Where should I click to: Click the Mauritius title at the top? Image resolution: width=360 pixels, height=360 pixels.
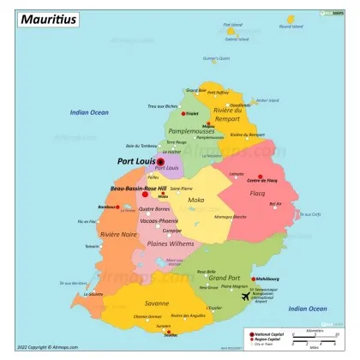pyautogui.click(x=51, y=18)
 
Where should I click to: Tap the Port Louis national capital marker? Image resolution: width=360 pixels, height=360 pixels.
pyautogui.click(x=160, y=161)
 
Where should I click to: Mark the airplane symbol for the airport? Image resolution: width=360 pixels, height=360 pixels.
pyautogui.click(x=247, y=297)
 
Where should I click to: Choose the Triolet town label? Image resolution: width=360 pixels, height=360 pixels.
pyautogui.click(x=192, y=112)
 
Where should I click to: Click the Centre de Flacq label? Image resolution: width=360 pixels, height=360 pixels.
pyautogui.click(x=261, y=180)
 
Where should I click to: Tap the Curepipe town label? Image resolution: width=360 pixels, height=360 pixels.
pyautogui.click(x=172, y=230)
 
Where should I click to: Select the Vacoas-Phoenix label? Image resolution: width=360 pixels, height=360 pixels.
pyautogui.click(x=159, y=220)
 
